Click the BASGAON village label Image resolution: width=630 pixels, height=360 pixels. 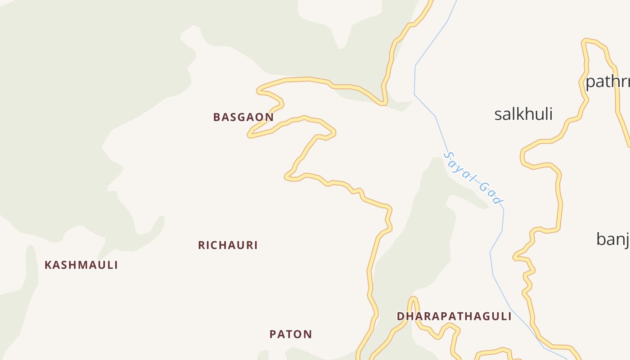click(243, 117)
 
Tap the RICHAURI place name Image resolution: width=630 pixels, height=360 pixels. click(228, 245)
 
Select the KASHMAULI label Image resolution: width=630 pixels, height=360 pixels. click(81, 265)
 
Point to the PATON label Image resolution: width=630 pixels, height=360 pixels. click(291, 334)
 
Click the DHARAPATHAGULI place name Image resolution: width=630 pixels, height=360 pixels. click(454, 316)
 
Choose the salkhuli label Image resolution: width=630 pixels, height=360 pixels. click(523, 114)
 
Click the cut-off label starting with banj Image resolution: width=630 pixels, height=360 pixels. click(613, 239)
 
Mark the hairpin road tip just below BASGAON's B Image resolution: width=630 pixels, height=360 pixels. click(250, 135)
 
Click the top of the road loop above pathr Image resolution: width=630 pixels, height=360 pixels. click(589, 41)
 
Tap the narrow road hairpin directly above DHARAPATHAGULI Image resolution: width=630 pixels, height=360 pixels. click(413, 299)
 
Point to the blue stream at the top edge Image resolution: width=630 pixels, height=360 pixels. click(455, 2)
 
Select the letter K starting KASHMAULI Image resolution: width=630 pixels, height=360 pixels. click(48, 265)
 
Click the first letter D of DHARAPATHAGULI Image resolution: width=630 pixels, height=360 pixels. click(400, 316)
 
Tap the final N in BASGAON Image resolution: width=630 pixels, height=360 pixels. click(269, 117)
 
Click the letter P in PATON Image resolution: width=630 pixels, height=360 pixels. click(273, 334)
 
